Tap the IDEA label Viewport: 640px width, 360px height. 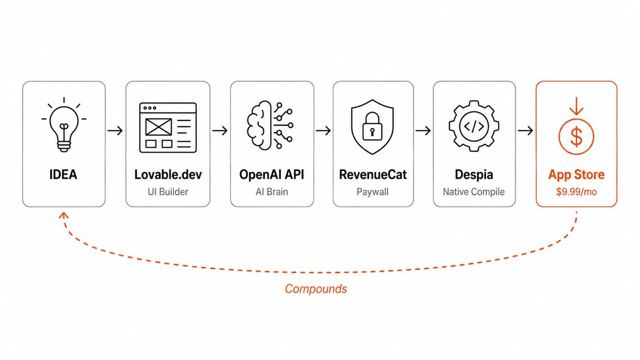pyautogui.click(x=63, y=174)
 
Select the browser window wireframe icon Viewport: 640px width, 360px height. pyautogui.click(x=168, y=127)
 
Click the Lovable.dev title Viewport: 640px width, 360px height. pyautogui.click(x=168, y=174)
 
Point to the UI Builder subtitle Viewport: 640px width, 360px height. pyautogui.click(x=168, y=191)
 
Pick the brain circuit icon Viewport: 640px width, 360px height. pyautogui.click(x=270, y=125)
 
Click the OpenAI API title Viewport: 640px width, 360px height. pyautogui.click(x=271, y=174)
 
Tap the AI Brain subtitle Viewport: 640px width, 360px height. pyautogui.click(x=271, y=191)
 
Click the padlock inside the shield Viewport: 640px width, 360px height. pyautogui.click(x=372, y=126)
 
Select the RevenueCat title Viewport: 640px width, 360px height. pyautogui.click(x=373, y=174)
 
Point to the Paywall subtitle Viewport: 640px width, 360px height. pyautogui.click(x=373, y=192)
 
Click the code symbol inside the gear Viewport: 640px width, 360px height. pyautogui.click(x=474, y=126)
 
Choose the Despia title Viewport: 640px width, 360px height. pyautogui.click(x=474, y=175)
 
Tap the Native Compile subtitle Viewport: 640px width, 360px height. pyautogui.click(x=474, y=192)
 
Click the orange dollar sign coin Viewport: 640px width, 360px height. pyautogui.click(x=577, y=137)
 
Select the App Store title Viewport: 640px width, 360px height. pyautogui.click(x=577, y=175)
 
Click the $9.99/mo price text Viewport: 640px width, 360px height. pyautogui.click(x=577, y=191)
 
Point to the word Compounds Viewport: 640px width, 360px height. pyautogui.click(x=316, y=289)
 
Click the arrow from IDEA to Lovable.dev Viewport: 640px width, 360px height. pyautogui.click(x=115, y=131)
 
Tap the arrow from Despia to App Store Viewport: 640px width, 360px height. pyautogui.click(x=525, y=131)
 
